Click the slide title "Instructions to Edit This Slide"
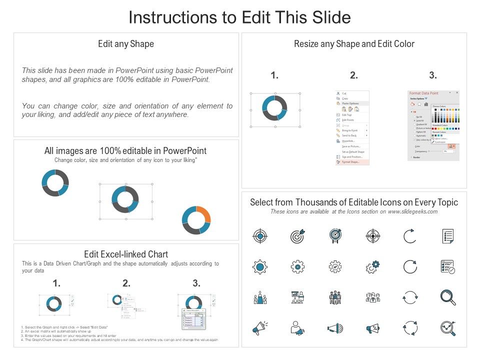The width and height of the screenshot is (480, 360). pos(239,17)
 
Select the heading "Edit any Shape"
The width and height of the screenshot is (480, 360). pos(126,44)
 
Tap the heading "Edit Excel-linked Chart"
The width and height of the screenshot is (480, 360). pos(126,254)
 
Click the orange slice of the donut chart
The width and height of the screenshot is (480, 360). pos(203,213)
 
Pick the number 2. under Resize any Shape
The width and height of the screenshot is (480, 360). pos(354,75)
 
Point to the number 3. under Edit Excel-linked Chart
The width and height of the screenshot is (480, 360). pos(196,283)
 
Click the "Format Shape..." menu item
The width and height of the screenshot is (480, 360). pos(351,162)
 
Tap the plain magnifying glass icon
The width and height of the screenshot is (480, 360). pos(447,297)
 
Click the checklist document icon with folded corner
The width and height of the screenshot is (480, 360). pos(447,236)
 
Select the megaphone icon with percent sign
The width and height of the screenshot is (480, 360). pos(373,328)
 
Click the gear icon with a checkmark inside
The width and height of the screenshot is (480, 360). pos(335,267)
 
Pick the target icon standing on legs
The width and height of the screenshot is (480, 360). pos(335,236)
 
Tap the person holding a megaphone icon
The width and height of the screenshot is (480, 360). pos(297,328)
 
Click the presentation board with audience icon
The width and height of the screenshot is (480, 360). pos(297,297)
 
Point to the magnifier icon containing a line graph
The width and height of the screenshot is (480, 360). pos(447,328)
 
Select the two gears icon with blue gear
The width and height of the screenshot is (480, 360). pos(373,267)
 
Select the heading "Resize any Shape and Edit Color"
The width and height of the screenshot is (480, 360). pos(354,44)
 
